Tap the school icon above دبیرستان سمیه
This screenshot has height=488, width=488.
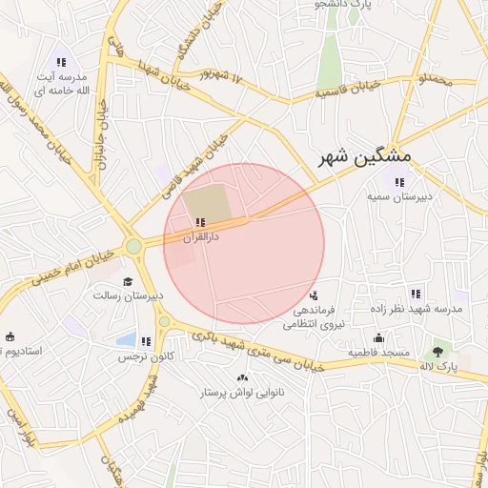click(400, 181)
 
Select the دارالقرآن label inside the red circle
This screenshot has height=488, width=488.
click(199, 234)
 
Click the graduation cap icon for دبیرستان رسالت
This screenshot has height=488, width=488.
click(128, 281)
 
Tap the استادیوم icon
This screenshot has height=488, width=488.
click(10, 336)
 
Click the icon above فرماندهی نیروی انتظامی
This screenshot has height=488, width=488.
click(315, 295)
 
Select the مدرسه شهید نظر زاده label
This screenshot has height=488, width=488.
click(416, 309)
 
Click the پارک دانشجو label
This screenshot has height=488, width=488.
click(343, 5)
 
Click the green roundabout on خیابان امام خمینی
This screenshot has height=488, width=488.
click(132, 247)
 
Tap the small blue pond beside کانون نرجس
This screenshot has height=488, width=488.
click(126, 339)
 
